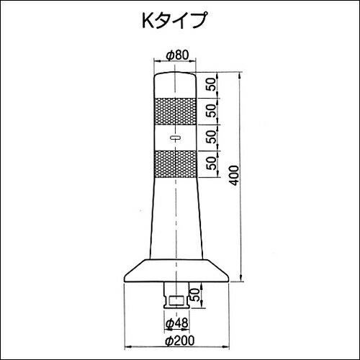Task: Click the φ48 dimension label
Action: point(176,323)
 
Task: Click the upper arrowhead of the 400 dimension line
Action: point(238,73)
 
